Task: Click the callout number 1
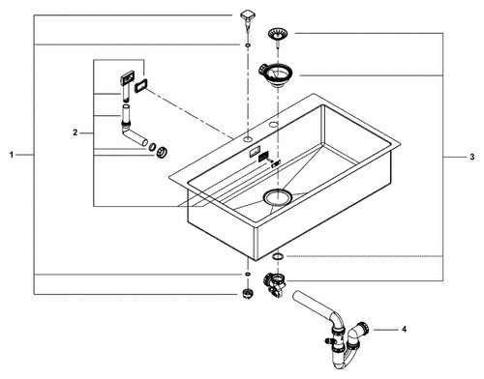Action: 12,155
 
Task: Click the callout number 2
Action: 76,132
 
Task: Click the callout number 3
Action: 472,157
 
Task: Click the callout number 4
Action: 404,330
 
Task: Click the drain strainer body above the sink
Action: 275,74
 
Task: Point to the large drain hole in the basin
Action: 278,197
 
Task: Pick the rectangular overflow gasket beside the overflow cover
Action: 140,86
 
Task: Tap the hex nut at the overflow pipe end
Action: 162,152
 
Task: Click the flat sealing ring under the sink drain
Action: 278,256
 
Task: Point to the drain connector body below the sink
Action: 274,284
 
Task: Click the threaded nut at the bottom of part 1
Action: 248,294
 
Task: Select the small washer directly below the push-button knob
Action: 248,44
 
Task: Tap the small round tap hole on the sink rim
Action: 248,139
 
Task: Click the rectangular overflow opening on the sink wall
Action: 254,151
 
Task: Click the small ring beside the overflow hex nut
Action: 151,148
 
